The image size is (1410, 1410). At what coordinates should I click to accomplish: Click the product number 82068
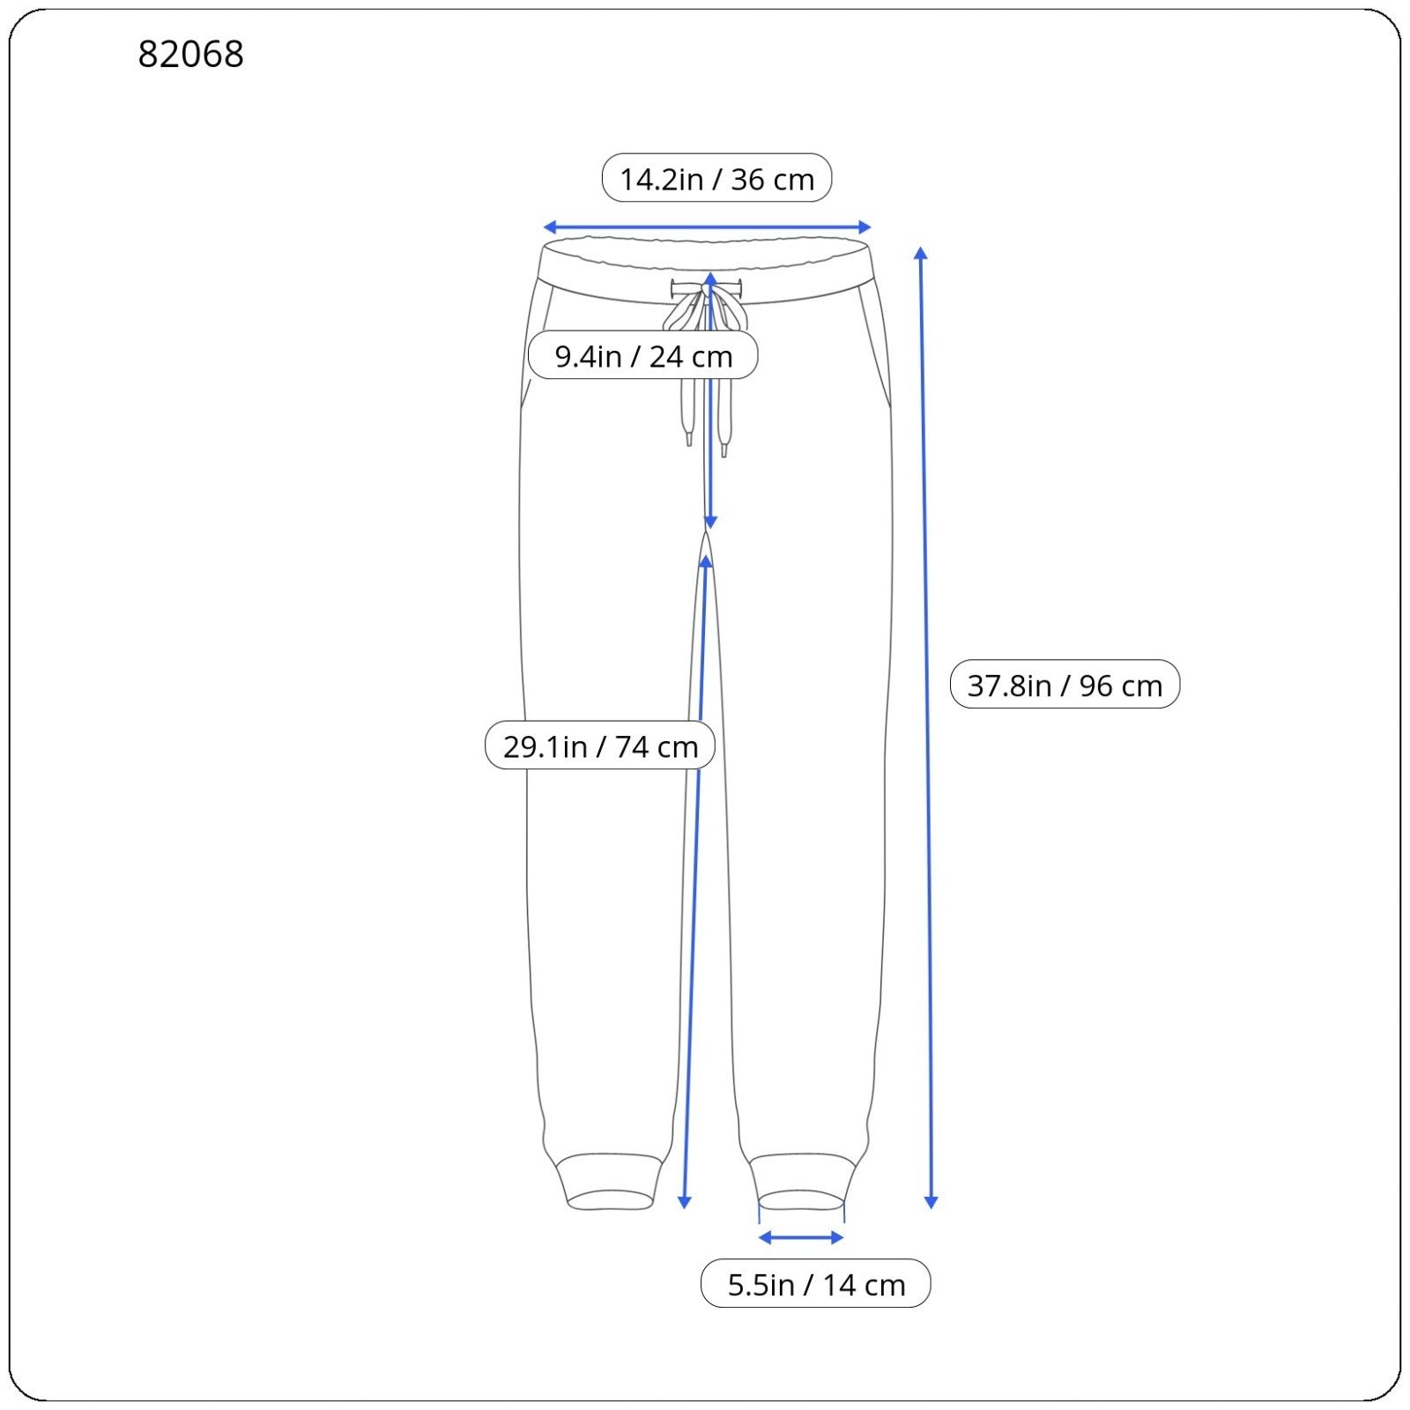(x=190, y=54)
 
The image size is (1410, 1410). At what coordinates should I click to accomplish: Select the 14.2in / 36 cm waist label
(x=716, y=178)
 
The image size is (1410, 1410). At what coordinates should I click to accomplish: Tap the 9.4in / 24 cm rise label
(x=643, y=355)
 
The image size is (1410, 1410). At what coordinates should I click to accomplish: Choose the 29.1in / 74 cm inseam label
(x=600, y=746)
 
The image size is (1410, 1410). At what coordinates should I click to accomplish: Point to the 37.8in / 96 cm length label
(x=1065, y=684)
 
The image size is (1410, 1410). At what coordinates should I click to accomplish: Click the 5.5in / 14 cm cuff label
(x=816, y=1284)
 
